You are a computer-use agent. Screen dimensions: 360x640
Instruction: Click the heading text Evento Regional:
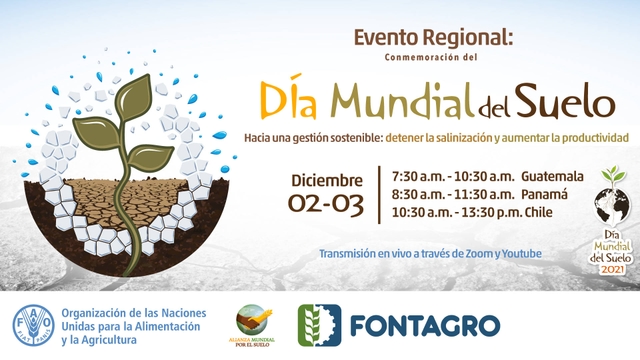click(433, 38)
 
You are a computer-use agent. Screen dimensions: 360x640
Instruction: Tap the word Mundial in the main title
click(403, 101)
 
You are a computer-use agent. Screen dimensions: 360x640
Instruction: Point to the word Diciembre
click(326, 180)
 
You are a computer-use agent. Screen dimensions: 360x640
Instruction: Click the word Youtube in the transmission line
click(519, 254)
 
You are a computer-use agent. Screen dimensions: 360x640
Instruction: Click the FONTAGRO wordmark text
click(425, 326)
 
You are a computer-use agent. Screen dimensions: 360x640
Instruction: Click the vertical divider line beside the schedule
click(379, 194)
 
